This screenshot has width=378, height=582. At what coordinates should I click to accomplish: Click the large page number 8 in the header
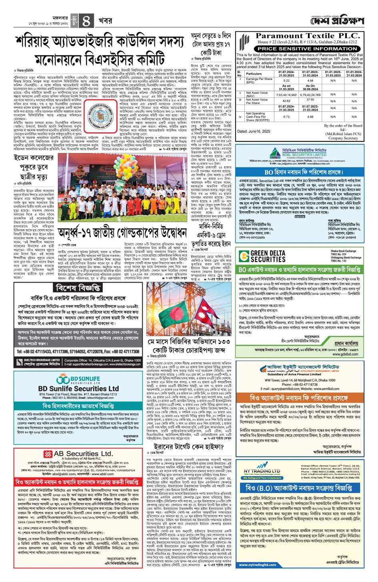coord(86,20)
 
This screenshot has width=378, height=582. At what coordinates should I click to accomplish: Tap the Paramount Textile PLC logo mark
coord(244,42)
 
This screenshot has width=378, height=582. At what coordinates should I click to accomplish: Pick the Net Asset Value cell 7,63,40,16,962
coord(286,95)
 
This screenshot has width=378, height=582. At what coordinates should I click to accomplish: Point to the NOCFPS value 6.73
coord(286,117)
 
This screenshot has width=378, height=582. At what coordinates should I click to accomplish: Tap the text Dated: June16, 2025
coord(254,131)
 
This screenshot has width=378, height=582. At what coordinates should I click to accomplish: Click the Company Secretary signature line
coord(343,138)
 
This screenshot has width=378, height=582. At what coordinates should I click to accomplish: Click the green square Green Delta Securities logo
coord(243,256)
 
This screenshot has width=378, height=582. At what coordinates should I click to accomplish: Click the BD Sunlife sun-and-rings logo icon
coord(63,379)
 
